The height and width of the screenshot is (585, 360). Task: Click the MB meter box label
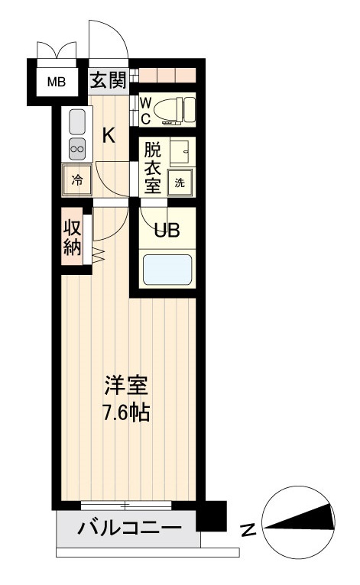click(57, 82)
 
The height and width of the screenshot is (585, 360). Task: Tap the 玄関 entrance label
click(109, 79)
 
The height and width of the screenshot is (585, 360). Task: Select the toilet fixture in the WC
click(174, 110)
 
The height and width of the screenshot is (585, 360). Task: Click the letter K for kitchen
click(109, 135)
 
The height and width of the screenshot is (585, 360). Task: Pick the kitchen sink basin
click(77, 122)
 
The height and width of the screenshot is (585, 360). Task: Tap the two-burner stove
click(77, 148)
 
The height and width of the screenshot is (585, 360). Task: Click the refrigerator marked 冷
click(77, 181)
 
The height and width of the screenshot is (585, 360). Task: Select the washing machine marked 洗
click(180, 183)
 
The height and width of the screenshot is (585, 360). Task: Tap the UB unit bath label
click(167, 230)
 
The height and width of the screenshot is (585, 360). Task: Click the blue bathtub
click(167, 269)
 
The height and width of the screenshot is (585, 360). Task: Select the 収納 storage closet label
click(72, 238)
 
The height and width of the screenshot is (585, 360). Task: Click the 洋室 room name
click(126, 386)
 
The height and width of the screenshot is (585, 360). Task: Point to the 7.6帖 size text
click(126, 412)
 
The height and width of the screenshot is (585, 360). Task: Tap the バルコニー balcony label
click(130, 528)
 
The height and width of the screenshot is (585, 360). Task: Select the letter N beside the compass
click(248, 530)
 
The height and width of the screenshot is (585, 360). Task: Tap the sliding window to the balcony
click(126, 506)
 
